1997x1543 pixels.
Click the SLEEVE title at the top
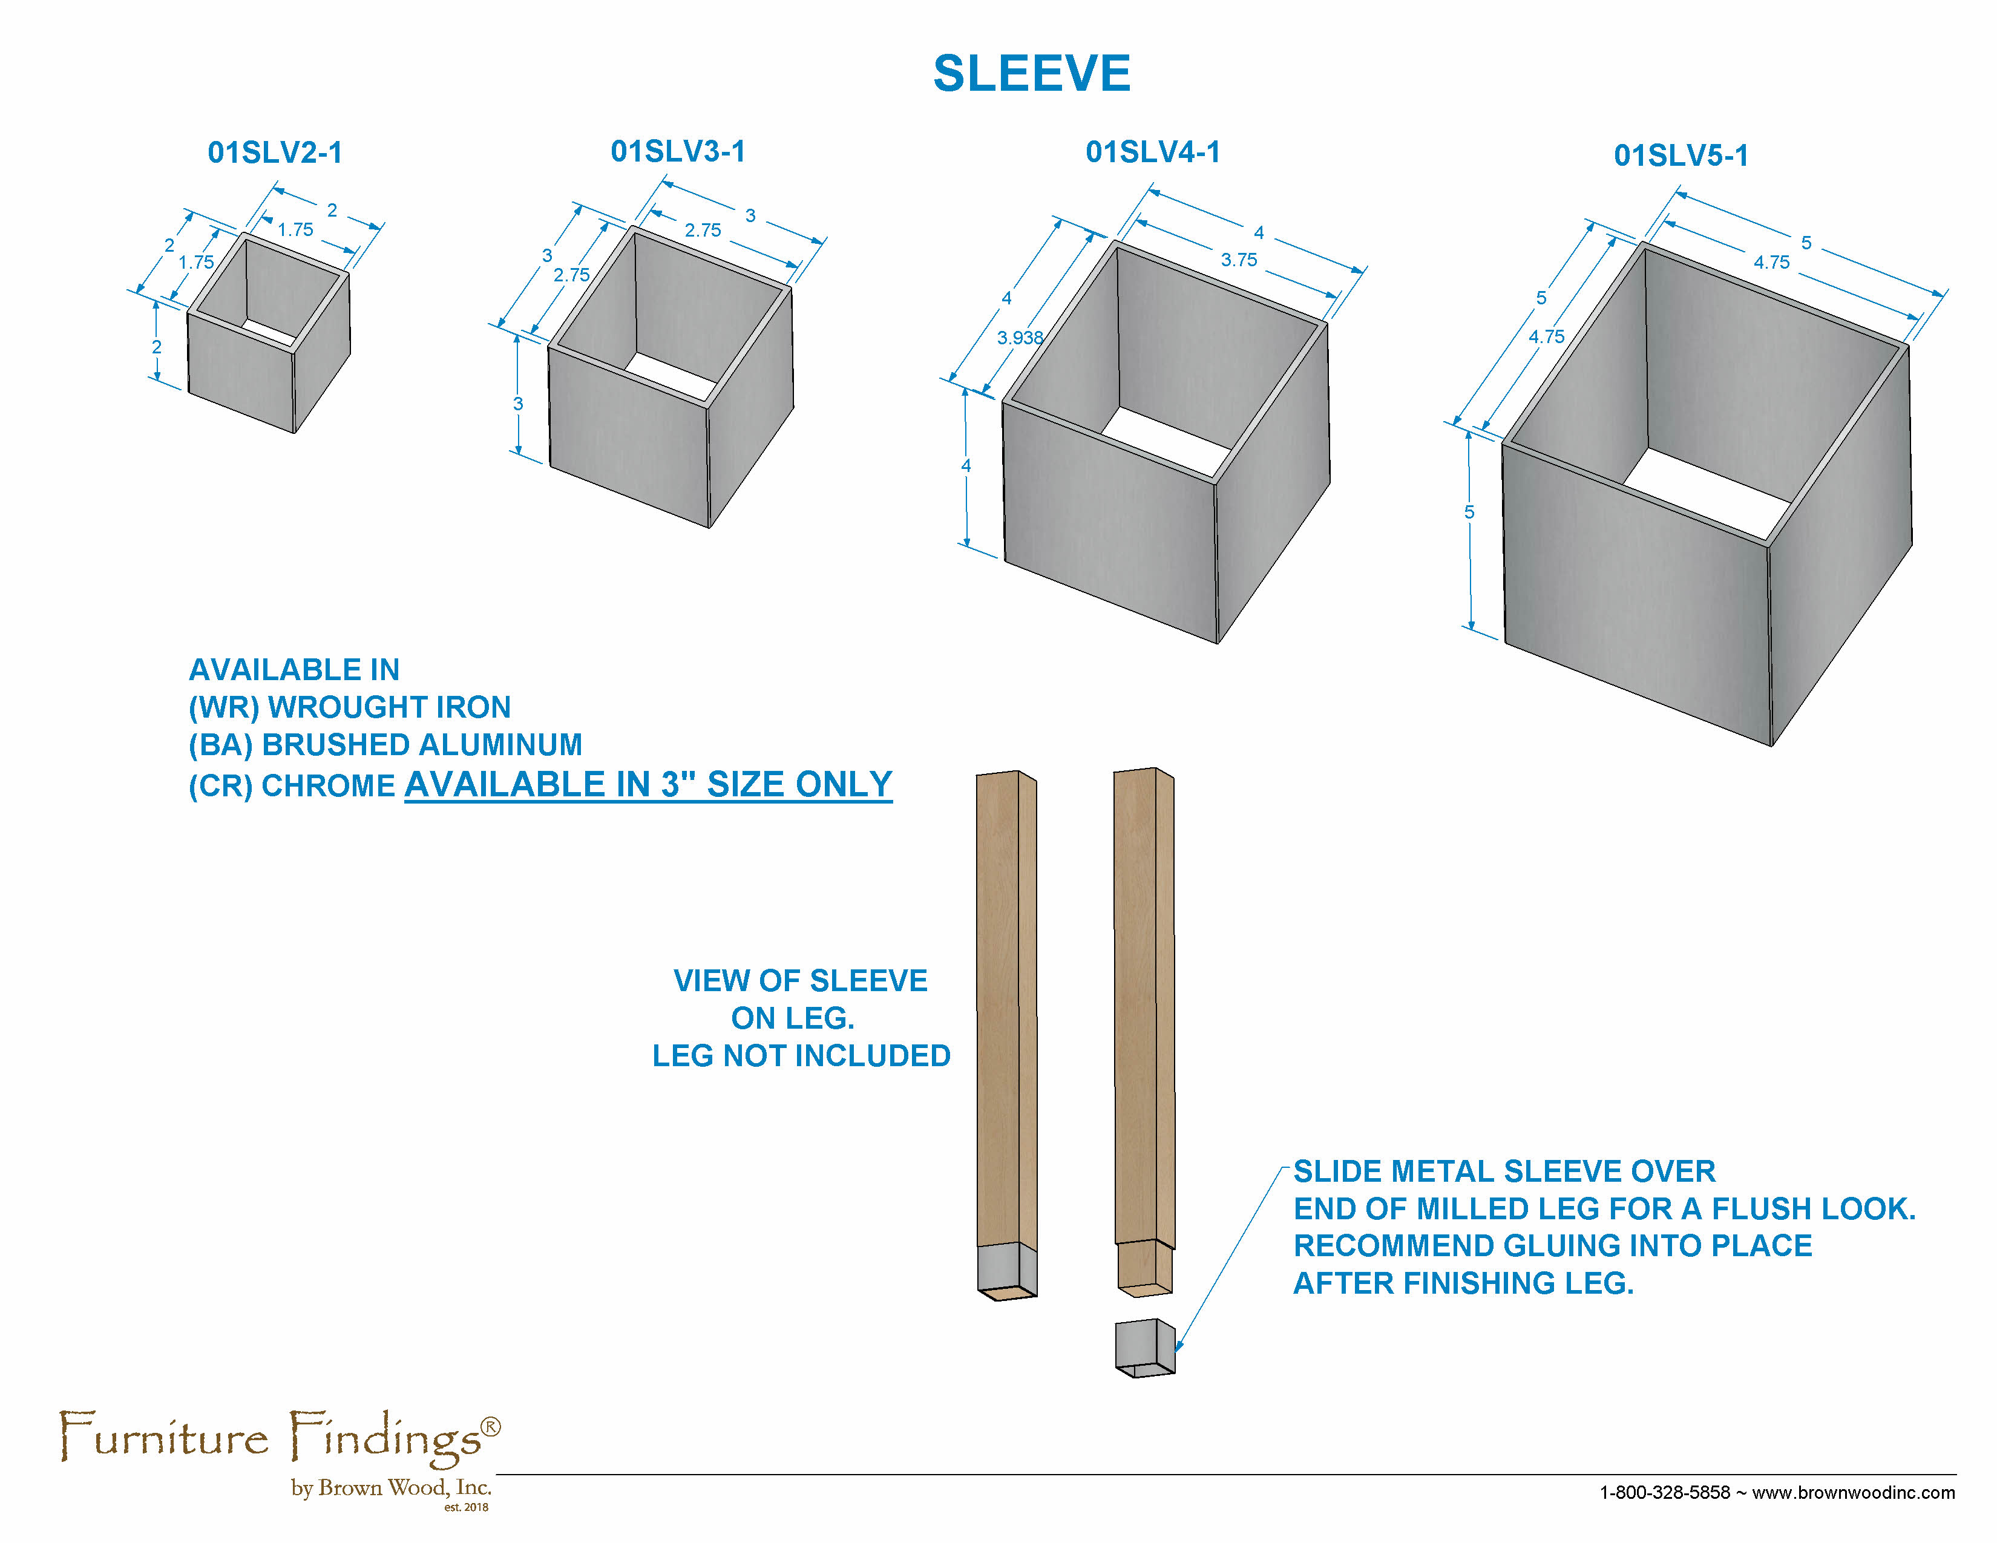[1031, 73]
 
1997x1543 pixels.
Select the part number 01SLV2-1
[275, 152]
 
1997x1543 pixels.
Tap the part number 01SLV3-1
[678, 151]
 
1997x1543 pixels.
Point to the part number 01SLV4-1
[1153, 152]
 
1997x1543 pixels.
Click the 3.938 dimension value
[1020, 337]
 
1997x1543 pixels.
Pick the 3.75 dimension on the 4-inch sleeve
[1239, 260]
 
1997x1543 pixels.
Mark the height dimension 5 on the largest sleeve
[1469, 512]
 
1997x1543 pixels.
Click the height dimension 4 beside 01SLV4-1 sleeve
[966, 465]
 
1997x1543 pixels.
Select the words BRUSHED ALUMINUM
[422, 744]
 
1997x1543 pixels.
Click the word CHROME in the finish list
[328, 785]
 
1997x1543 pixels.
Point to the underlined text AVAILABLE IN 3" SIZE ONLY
[648, 784]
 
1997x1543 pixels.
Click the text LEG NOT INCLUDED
[801, 1056]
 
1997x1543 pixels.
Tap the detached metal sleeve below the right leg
[1145, 1348]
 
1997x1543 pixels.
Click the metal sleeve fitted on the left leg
[1007, 1269]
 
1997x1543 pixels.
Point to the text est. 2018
[467, 1507]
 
